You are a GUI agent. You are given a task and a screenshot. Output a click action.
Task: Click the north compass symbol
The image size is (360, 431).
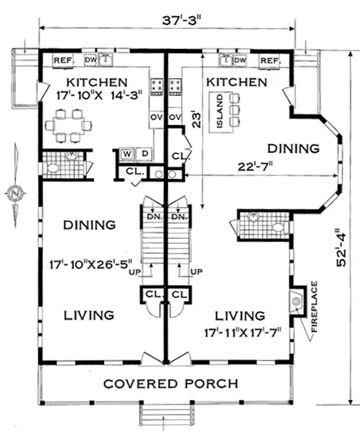pyautogui.click(x=15, y=193)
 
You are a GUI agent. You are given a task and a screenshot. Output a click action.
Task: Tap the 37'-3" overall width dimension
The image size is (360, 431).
pyautogui.click(x=180, y=20)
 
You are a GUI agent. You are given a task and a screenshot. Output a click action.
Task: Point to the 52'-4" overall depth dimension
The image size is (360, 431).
pyautogui.click(x=342, y=247)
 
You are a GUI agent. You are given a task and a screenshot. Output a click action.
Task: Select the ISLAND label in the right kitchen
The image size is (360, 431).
pyautogui.click(x=219, y=111)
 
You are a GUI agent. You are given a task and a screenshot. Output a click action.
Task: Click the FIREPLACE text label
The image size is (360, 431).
pyautogui.click(x=314, y=307)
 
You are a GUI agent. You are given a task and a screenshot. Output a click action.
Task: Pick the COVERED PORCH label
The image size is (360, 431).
pyautogui.click(x=171, y=384)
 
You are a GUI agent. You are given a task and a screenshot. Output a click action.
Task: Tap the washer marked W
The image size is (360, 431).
pyautogui.click(x=126, y=154)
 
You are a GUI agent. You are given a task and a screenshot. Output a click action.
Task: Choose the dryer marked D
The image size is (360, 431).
pyautogui.click(x=144, y=154)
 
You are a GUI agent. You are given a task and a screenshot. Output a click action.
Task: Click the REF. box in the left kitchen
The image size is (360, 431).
pyautogui.click(x=63, y=60)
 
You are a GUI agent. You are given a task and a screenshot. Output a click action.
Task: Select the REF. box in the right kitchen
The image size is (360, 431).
pyautogui.click(x=270, y=60)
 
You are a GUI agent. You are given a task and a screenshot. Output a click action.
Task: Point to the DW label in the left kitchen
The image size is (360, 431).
pyautogui.click(x=91, y=60)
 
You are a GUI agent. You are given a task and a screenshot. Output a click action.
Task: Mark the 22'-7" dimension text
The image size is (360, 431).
pyautogui.click(x=256, y=167)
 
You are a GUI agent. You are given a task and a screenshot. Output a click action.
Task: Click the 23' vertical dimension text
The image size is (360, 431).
pyautogui.click(x=196, y=119)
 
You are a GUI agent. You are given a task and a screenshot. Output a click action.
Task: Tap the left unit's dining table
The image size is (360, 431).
pyautogui.click(x=69, y=126)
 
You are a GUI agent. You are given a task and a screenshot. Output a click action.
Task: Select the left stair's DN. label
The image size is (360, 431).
pyautogui.click(x=155, y=217)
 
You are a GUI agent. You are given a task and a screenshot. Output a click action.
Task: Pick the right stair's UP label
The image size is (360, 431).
pyautogui.click(x=197, y=272)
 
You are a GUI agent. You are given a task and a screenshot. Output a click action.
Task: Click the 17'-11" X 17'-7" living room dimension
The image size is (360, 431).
pyautogui.click(x=243, y=333)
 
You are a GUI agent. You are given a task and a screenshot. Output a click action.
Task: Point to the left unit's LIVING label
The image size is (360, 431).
pyautogui.click(x=89, y=315)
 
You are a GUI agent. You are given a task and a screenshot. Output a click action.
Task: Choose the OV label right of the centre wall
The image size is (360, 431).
pyautogui.click(x=175, y=117)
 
